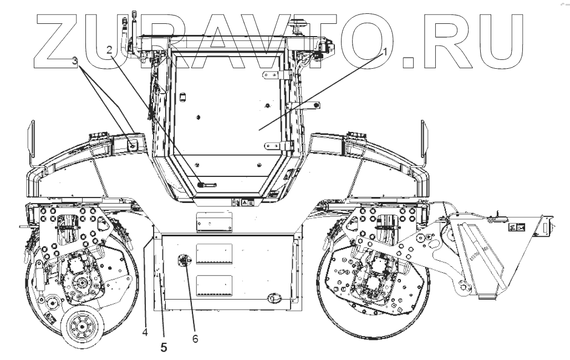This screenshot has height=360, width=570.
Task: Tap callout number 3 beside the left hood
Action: pos(75,62)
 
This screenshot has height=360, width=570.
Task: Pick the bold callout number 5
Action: pos(163,348)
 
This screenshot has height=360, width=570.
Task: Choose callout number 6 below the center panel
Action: pos(195,336)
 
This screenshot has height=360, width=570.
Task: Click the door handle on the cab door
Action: pos(206,183)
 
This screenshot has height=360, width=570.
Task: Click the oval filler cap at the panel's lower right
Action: pos(273,298)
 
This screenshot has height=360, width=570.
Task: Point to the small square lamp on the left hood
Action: pos(133,145)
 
